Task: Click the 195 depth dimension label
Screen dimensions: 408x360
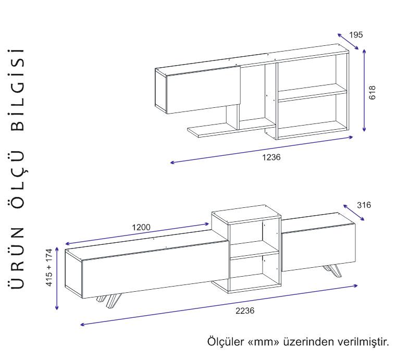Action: [356, 35]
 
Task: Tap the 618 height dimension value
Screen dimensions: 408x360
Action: [372, 92]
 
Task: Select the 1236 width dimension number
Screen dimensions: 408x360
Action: [271, 157]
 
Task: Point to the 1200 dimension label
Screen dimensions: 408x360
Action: [141, 227]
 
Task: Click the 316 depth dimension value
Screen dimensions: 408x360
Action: [364, 205]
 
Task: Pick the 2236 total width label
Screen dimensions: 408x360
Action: [245, 311]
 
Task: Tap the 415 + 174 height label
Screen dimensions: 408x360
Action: [49, 267]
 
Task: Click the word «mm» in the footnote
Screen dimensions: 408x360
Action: [264, 342]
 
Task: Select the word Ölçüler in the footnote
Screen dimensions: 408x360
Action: [226, 341]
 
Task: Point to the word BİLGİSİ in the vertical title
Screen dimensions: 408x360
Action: [18, 90]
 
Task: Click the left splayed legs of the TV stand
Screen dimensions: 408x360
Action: [109, 301]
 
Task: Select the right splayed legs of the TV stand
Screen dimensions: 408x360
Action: [332, 271]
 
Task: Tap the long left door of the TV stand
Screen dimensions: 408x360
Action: [155, 269]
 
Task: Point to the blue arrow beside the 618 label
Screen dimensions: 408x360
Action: [364, 90]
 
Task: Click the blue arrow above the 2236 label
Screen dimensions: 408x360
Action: [219, 305]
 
